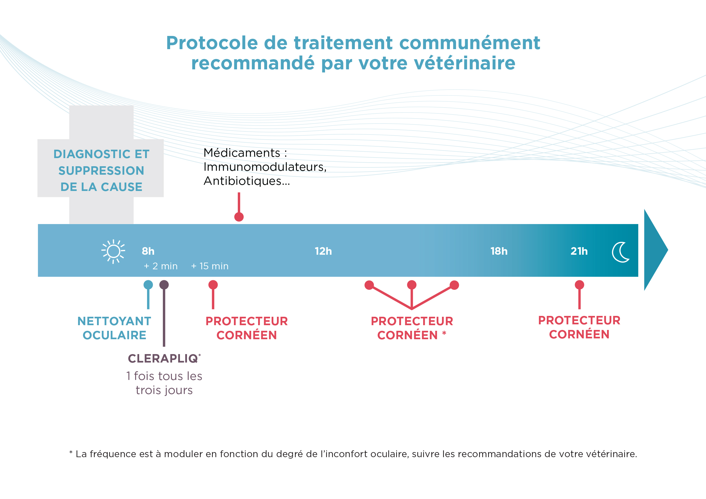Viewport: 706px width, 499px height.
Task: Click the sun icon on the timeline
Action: click(x=113, y=251)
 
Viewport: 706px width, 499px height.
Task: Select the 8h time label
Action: click(x=148, y=251)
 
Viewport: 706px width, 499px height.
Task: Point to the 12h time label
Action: click(x=323, y=251)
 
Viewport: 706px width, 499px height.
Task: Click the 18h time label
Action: click(x=499, y=251)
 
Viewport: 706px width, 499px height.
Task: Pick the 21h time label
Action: click(x=579, y=251)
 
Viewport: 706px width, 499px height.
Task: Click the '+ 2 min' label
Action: click(x=161, y=266)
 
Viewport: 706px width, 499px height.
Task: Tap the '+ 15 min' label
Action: click(x=210, y=266)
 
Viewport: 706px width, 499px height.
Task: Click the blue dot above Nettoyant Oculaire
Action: click(x=148, y=285)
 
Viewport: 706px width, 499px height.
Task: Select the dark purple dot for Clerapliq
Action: click(x=164, y=285)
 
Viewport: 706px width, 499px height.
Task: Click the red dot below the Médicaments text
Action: click(x=239, y=217)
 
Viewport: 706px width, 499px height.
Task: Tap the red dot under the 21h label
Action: click(x=579, y=285)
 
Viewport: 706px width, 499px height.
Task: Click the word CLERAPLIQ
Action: click(x=163, y=359)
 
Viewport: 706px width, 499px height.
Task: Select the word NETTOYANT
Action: click(x=114, y=322)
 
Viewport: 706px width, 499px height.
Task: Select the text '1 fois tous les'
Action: click(x=164, y=376)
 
